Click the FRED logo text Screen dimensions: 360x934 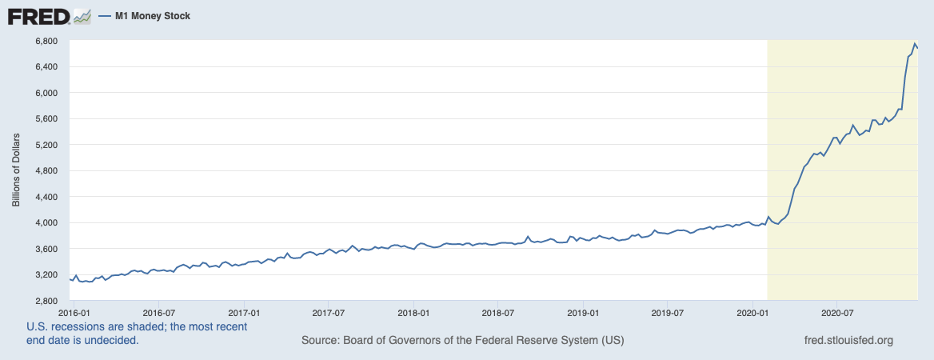pyautogui.click(x=38, y=15)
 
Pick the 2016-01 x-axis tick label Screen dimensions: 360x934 pyautogui.click(x=73, y=310)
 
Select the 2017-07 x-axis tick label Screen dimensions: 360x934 pyautogui.click(x=328, y=310)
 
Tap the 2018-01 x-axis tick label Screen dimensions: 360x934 pyautogui.click(x=413, y=310)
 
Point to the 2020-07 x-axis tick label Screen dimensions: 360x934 pyautogui.click(x=836, y=310)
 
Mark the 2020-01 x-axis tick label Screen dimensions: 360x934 pyautogui.click(x=752, y=310)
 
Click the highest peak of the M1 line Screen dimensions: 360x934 pyautogui.click(x=915, y=43)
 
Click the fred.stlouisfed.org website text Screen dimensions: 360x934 pyautogui.click(x=848, y=341)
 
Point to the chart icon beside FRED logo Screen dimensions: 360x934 pyautogui.click(x=82, y=15)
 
